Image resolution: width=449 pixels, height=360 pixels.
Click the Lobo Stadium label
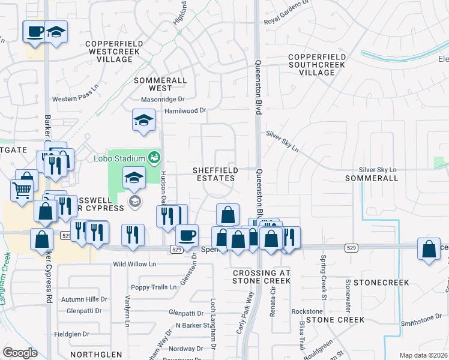[x=119, y=158]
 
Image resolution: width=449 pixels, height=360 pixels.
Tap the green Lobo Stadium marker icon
[x=154, y=158]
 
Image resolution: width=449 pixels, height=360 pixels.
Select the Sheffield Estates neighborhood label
[x=215, y=174]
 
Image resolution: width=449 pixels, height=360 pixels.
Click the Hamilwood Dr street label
[x=185, y=110]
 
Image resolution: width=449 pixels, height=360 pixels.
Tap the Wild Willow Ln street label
[x=134, y=264]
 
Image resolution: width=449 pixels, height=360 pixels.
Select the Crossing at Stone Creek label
[x=261, y=277]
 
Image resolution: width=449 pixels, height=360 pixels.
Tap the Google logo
[x=20, y=353]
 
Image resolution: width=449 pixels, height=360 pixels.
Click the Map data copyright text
[x=423, y=355]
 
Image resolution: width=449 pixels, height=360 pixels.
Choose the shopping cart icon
[x=22, y=191]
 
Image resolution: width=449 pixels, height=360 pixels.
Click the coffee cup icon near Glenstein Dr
[x=187, y=234]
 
